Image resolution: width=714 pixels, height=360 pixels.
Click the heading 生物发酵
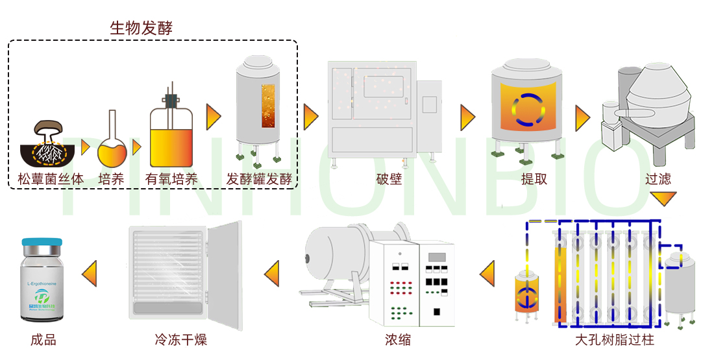tap(141, 28)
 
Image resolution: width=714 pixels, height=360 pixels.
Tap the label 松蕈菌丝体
tap(51, 179)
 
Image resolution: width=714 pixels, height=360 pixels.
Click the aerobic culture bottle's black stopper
tap(172, 101)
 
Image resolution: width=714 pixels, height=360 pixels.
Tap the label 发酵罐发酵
tap(259, 179)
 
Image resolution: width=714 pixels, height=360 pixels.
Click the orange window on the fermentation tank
tap(268, 114)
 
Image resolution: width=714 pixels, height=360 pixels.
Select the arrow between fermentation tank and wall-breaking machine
tap(311, 117)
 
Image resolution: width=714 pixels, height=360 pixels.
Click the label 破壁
tap(389, 179)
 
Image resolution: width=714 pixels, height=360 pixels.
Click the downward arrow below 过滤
tap(663, 198)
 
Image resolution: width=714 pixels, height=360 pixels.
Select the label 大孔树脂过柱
tap(614, 339)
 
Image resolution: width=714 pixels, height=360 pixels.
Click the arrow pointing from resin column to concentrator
tap(487, 273)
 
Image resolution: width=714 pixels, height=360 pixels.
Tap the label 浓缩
tap(397, 339)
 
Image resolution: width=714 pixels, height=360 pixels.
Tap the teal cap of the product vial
tap(42, 242)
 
